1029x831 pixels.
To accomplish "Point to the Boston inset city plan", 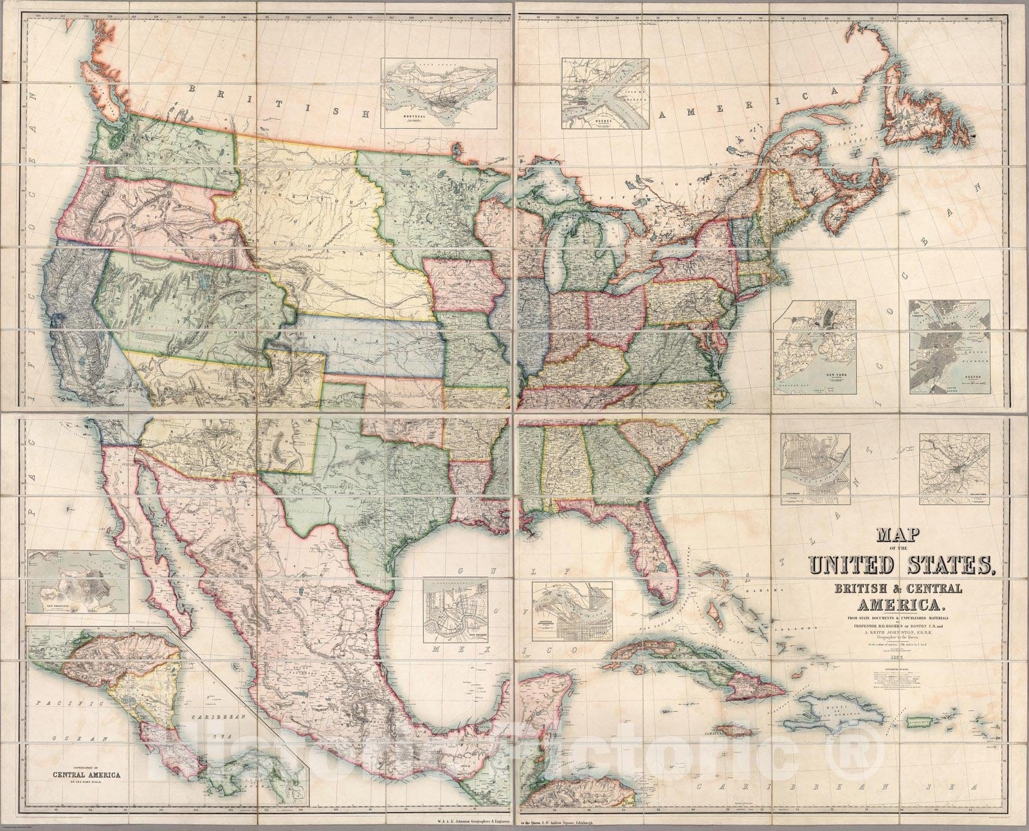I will [949, 347].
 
